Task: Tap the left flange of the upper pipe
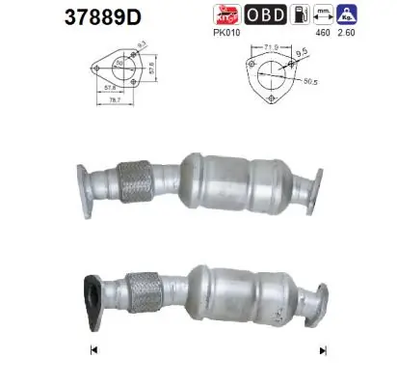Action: click(86, 184)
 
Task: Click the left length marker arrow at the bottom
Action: click(93, 349)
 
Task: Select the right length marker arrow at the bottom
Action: click(309, 349)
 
